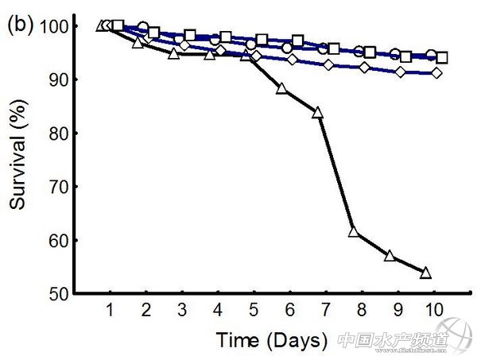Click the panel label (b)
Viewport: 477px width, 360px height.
20,25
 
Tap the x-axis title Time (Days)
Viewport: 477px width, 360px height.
271,341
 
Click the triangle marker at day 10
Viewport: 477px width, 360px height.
425,273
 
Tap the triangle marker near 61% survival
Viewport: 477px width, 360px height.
355,233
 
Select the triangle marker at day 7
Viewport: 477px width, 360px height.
318,113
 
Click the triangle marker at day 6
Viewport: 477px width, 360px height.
281,88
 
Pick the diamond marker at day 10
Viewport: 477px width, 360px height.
436,73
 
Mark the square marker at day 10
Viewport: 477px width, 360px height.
442,57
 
